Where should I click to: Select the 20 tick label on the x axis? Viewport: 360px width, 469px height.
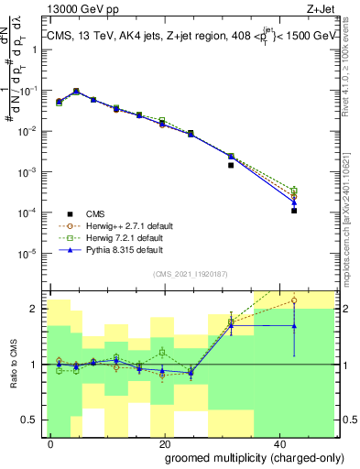point(166,444)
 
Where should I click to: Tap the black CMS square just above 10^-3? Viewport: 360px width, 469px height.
point(231,166)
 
